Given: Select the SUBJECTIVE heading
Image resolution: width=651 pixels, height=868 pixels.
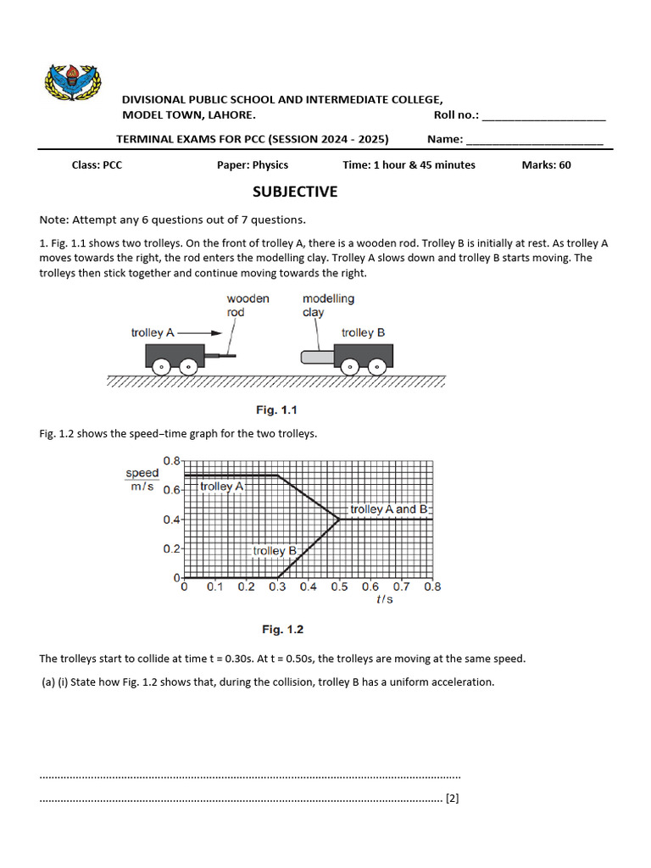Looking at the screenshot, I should pyautogui.click(x=294, y=192).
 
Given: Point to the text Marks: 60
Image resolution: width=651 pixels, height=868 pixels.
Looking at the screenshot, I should pyautogui.click(x=546, y=165).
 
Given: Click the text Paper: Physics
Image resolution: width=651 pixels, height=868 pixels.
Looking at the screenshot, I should pyautogui.click(x=253, y=165).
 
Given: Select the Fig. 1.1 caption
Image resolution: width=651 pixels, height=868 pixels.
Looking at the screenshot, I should pyautogui.click(x=278, y=410).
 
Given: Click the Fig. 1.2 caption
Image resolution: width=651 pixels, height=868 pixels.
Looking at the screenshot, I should pyautogui.click(x=282, y=630).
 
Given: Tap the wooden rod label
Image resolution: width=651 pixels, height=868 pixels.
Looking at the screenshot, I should pyautogui.click(x=248, y=305).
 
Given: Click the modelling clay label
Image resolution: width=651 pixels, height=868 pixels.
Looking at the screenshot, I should pyautogui.click(x=328, y=305).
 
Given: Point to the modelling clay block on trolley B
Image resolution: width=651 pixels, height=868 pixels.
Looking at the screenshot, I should pyautogui.click(x=318, y=358).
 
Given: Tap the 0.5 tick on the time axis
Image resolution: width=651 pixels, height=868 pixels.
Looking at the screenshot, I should pyautogui.click(x=339, y=587).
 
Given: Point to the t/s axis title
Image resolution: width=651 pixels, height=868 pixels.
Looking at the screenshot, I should pyautogui.click(x=385, y=599).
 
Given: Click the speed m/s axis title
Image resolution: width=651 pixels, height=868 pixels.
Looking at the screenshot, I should pyautogui.click(x=142, y=481).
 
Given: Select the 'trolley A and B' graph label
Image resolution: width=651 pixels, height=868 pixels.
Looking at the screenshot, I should pyautogui.click(x=383, y=509).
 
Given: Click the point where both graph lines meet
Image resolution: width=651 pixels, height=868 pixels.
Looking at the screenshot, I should pyautogui.click(x=339, y=519).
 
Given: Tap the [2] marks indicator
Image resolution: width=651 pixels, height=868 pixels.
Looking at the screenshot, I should pyautogui.click(x=453, y=798).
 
